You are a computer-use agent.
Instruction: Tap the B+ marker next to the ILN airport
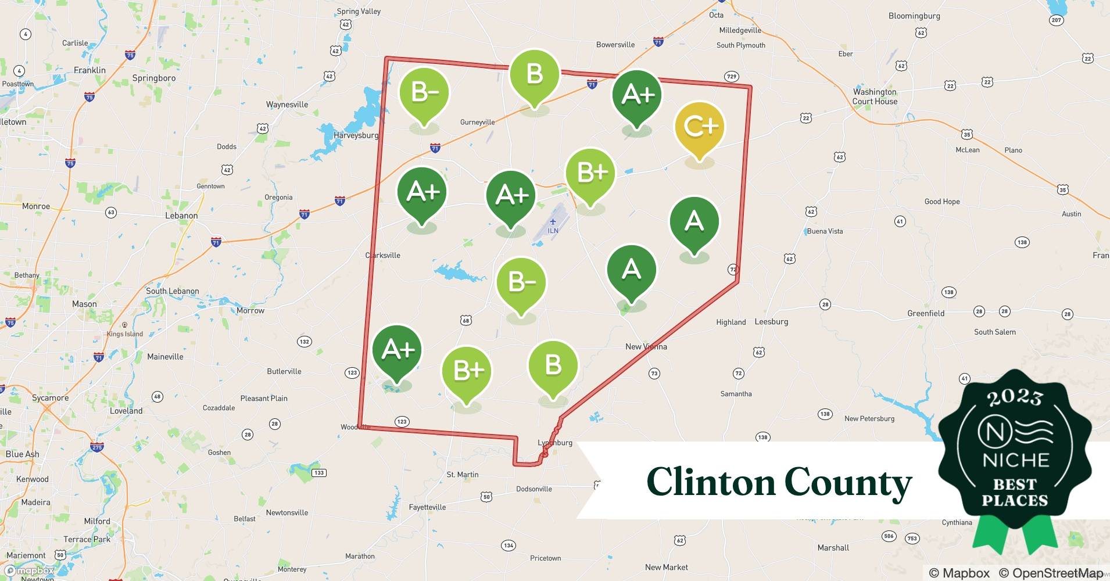pyautogui.click(x=590, y=174)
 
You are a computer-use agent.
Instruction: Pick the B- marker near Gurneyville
pyautogui.click(x=424, y=94)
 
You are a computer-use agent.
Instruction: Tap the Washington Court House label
pyautogui.click(x=875, y=96)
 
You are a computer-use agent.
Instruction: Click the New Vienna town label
pyautogui.click(x=646, y=346)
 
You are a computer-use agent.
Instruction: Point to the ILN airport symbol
pyautogui.click(x=553, y=223)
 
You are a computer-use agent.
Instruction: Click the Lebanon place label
pyautogui.click(x=181, y=216)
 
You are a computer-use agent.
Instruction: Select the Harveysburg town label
pyautogui.click(x=356, y=135)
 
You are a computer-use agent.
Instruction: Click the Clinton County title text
pyautogui.click(x=779, y=482)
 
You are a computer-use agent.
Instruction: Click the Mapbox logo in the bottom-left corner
pyautogui.click(x=29, y=571)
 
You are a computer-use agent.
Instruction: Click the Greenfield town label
pyautogui.click(x=926, y=313)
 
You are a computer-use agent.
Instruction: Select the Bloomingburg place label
pyautogui.click(x=914, y=16)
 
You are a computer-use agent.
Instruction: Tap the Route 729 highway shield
pyautogui.click(x=731, y=77)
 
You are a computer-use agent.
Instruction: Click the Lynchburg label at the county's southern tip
pyautogui.click(x=555, y=443)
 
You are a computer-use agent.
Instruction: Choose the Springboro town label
pyautogui.click(x=153, y=78)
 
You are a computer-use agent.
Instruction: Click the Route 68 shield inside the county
pyautogui.click(x=466, y=320)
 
